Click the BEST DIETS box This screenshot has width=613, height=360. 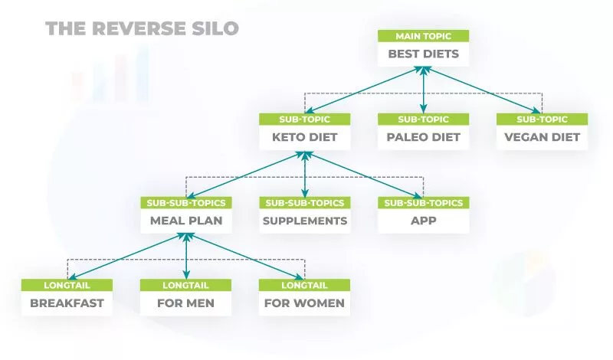424,54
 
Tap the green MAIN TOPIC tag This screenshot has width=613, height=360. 424,36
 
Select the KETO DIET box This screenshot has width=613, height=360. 305,138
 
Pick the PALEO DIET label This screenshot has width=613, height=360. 424,138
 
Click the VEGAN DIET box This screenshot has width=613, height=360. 542,138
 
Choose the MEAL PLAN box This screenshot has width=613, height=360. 186,221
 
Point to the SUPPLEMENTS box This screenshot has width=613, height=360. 305,221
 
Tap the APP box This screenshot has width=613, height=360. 424,221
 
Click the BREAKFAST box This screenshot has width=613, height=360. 67,303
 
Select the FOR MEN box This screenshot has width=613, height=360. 186,303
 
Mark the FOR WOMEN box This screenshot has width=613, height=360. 305,303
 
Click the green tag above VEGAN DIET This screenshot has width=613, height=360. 542,119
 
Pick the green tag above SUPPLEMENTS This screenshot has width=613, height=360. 305,203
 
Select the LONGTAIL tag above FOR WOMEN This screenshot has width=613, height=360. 305,285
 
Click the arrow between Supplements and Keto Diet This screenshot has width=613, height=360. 305,175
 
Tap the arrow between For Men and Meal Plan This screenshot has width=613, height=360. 186,257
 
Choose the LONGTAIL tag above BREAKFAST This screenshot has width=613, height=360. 67,285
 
